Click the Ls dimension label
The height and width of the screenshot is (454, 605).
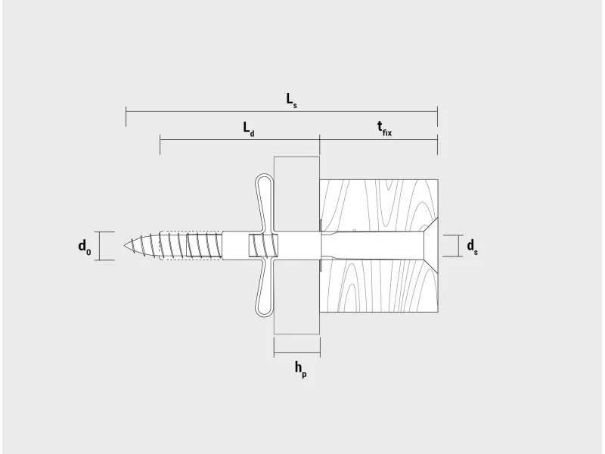pyautogui.click(x=291, y=100)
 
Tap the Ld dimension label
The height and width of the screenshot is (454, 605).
pyautogui.click(x=249, y=129)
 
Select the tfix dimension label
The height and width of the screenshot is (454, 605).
pyautogui.click(x=384, y=129)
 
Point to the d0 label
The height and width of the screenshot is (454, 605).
pyautogui.click(x=85, y=247)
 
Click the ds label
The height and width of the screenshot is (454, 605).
pyautogui.click(x=472, y=247)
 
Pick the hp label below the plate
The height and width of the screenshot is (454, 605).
pyautogui.click(x=300, y=369)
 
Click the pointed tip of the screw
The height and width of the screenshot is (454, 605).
pyautogui.click(x=125, y=245)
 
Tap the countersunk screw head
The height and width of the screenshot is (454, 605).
pyautogui.click(x=431, y=245)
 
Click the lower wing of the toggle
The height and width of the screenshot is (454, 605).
pyautogui.click(x=264, y=288)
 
